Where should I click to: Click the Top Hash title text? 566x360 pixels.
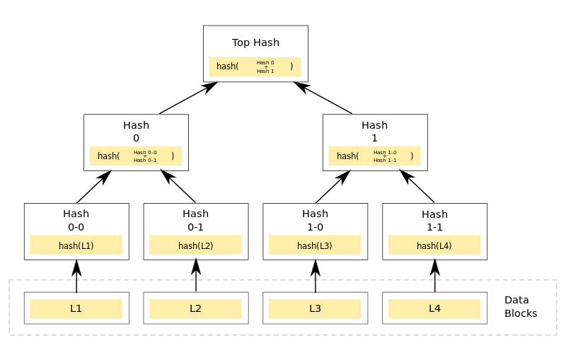[255, 42]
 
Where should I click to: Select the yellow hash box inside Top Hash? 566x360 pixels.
[255, 66]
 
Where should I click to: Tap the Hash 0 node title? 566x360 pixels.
[136, 132]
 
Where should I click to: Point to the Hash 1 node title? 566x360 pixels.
[374, 132]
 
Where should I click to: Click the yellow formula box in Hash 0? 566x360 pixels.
[135, 156]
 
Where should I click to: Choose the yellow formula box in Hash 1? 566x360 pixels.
[374, 156]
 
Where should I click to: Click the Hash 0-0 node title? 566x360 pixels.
[76, 220]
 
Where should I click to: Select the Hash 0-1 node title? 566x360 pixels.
[195, 220]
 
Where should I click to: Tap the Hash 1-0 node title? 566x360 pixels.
[315, 220]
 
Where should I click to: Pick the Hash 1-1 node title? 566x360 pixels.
[434, 221]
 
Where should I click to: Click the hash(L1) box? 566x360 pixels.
[76, 245]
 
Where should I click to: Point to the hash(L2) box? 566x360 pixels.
[195, 245]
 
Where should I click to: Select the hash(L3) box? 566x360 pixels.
[315, 245]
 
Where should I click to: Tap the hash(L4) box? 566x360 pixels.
[434, 245]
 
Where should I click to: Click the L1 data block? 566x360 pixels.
[76, 308]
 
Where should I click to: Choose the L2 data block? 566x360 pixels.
[195, 308]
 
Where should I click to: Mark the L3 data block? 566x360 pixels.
[315, 308]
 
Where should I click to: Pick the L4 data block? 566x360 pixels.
[434, 308]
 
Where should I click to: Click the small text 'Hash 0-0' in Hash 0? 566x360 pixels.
[145, 152]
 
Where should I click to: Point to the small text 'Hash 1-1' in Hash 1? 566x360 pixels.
[385, 161]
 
